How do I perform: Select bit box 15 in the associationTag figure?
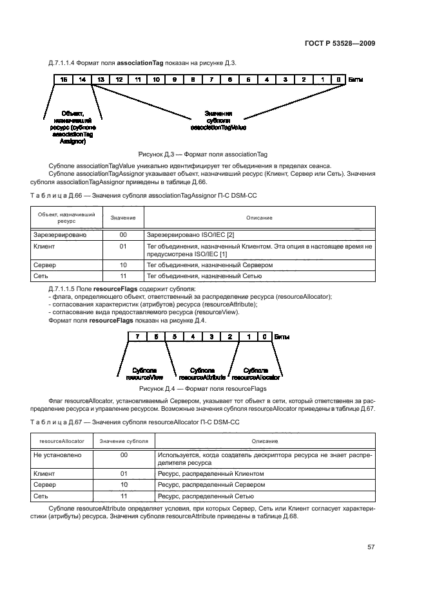click(63, 79)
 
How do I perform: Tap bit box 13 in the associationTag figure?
click(101, 79)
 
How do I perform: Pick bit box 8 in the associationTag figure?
click(193, 79)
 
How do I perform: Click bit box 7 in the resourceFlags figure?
click(137, 336)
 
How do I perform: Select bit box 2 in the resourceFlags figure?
click(229, 336)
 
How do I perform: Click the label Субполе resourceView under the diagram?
click(144, 373)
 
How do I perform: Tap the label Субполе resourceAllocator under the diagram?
click(256, 373)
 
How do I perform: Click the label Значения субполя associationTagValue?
click(219, 120)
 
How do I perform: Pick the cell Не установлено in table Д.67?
click(55, 455)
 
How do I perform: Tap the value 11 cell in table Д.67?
click(124, 496)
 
